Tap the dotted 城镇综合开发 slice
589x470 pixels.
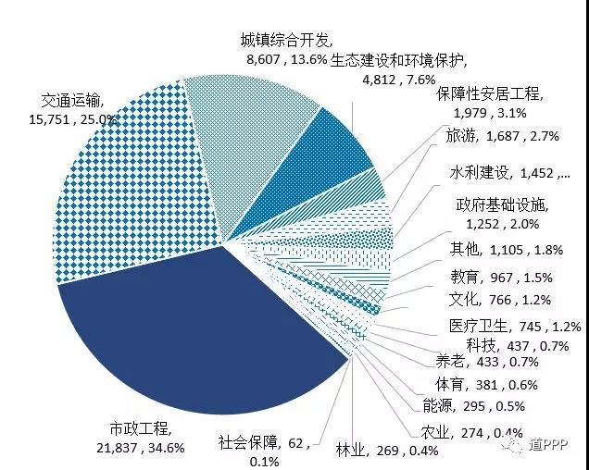tap(250, 130)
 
